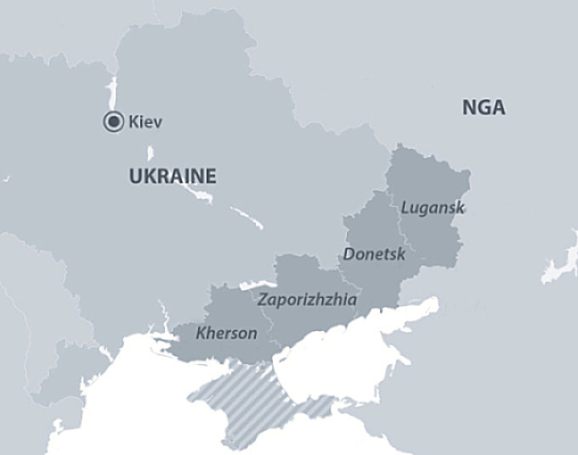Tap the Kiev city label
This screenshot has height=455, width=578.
[x=145, y=122]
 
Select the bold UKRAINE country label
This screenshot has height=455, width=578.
[x=173, y=177]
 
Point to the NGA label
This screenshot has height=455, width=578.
[x=484, y=108]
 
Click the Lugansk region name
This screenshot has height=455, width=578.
[x=433, y=207]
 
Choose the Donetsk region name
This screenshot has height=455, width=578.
[x=375, y=253]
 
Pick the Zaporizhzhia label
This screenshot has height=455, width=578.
[x=307, y=300]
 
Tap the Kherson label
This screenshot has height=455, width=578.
[x=226, y=333]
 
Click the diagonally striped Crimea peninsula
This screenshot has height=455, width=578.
[x=246, y=399]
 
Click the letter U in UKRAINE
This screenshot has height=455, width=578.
[x=134, y=177]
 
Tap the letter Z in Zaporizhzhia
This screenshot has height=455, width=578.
[x=262, y=300]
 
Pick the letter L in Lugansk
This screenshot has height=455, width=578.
[x=405, y=206]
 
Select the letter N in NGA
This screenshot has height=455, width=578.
[x=468, y=108]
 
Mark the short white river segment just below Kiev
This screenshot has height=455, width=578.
[x=150, y=154]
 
